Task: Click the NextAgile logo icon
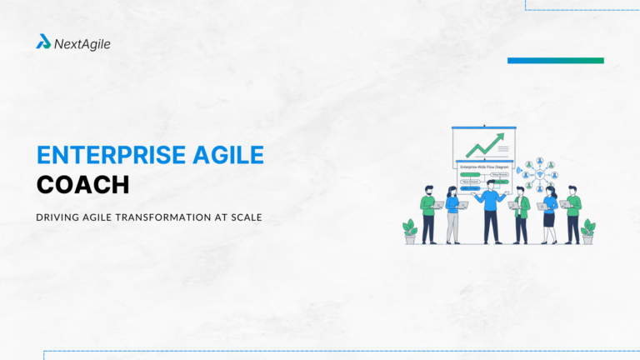point(43,42)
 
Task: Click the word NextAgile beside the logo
point(82,43)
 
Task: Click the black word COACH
point(83,184)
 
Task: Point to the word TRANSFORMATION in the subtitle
point(159,217)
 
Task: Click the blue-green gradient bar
point(555,60)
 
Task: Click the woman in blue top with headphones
point(452,213)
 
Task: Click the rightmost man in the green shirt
point(572,215)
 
